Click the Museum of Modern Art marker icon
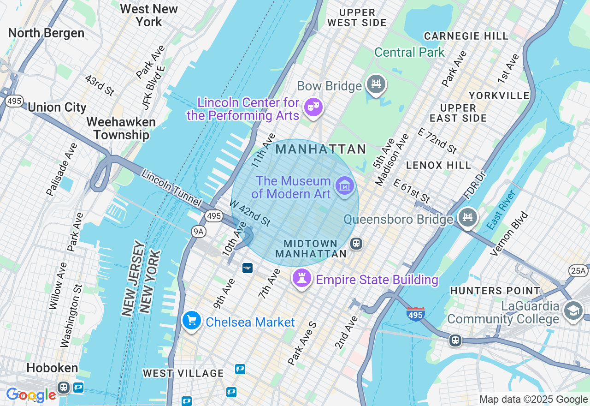point(344,186)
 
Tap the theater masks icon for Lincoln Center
point(313,107)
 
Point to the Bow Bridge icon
point(376,84)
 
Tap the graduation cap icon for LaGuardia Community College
point(573,312)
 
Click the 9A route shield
point(199,231)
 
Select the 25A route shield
point(578,270)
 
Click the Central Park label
point(409,52)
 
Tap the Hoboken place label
point(52,368)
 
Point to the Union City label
point(57,107)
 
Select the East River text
point(501,210)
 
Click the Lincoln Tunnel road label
point(171,188)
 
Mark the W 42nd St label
point(250,213)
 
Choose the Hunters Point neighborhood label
point(495,291)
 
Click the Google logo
point(31,395)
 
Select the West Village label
point(183,373)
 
